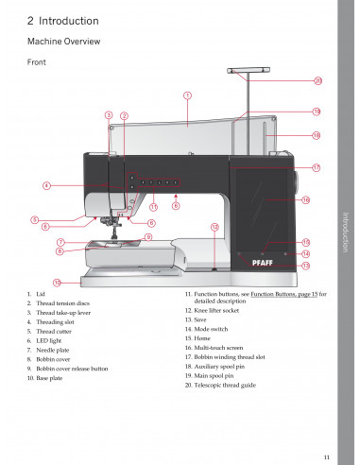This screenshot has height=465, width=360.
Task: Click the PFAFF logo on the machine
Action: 263,263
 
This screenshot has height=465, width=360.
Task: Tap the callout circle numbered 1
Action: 187,95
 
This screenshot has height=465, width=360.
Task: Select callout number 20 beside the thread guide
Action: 318,81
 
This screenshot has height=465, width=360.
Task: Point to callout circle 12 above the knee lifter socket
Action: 214,227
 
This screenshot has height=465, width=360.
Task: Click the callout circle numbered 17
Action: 317,167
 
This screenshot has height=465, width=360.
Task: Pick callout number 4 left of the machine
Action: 46,185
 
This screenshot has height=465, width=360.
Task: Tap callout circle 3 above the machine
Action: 109,115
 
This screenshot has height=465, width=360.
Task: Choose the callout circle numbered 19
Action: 317,112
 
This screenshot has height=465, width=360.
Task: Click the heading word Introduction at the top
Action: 69,21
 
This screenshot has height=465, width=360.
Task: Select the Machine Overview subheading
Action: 64,42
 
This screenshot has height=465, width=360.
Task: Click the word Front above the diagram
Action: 37,62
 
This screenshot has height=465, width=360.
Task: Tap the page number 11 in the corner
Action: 327,457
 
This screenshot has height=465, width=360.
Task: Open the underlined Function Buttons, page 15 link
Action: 284,294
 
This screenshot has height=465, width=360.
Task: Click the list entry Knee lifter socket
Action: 216,311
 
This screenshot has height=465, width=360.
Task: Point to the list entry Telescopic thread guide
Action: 225,386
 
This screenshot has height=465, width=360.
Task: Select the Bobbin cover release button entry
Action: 72,369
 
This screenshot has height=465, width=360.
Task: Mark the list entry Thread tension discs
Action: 63,303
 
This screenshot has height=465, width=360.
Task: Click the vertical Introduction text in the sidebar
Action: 346,232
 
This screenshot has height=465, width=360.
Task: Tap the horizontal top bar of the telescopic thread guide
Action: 249,70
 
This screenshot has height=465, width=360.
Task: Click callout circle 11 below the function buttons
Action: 153,207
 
